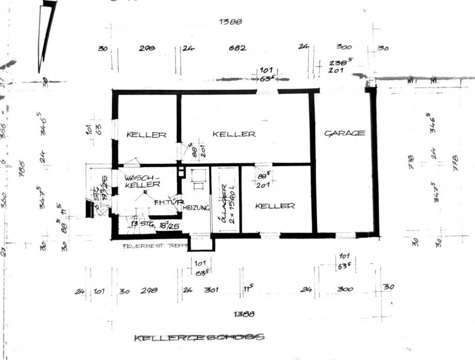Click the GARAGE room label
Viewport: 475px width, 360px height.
pos(344,133)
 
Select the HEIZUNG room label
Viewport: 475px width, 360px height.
pos(195,207)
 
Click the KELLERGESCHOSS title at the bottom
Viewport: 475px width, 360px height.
pos(199,338)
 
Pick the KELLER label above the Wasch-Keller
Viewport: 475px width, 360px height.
pos(147,135)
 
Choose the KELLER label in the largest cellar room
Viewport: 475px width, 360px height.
pos(234,134)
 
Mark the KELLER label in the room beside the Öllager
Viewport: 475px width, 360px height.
pos(275,206)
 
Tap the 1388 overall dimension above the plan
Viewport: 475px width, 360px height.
pos(231,22)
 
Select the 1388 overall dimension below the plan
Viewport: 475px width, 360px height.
pos(244,314)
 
